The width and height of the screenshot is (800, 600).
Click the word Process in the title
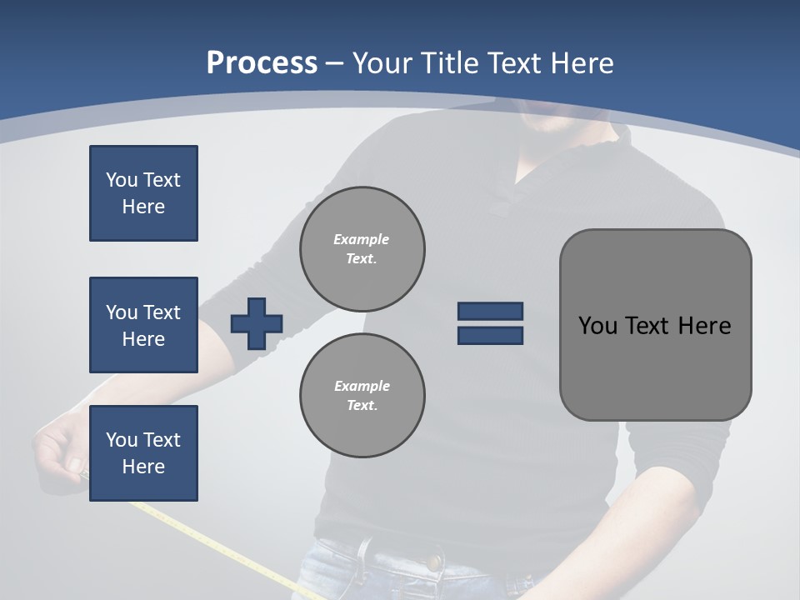tap(262, 62)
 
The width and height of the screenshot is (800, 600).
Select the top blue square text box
tap(143, 193)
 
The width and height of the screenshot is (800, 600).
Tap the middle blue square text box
tap(143, 325)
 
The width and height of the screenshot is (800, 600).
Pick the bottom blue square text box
tap(143, 453)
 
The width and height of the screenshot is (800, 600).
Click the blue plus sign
tap(257, 323)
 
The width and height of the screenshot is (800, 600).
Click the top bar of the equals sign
tap(490, 311)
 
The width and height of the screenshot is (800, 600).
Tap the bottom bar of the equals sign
tap(490, 335)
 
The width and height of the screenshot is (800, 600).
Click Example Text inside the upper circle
tap(362, 248)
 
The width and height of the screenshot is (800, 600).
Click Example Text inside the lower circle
tap(362, 395)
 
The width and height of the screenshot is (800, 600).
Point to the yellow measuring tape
tap(217, 542)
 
